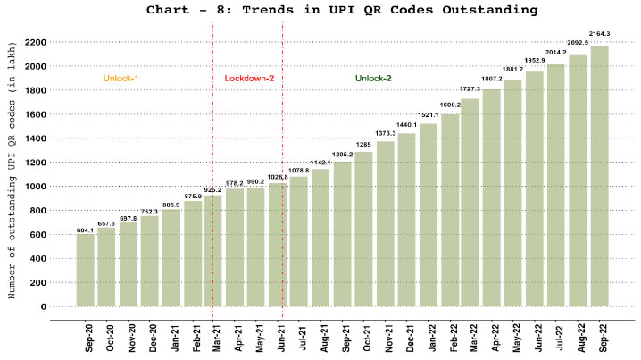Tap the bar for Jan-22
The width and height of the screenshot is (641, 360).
[428, 214]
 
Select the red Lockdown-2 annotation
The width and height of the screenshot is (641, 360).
[248, 79]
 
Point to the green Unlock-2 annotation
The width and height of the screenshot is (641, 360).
[373, 79]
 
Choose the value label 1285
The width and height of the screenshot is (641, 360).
[363, 143]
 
